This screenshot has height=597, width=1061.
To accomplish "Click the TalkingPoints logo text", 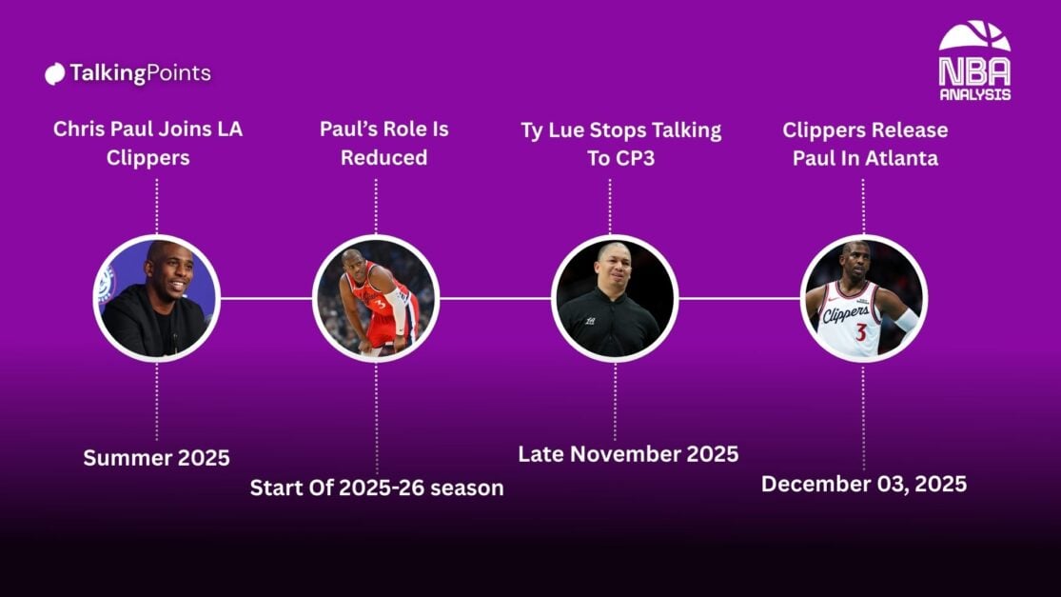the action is point(140,73).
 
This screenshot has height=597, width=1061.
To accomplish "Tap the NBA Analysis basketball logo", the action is point(974,61).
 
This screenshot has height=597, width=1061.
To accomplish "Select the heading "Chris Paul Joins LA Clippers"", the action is point(147,143).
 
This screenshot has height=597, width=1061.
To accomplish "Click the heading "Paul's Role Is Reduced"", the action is point(383,143).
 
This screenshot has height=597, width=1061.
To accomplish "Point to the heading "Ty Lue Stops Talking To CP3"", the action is point(621,144).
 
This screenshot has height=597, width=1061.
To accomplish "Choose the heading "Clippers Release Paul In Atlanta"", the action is point(865,144).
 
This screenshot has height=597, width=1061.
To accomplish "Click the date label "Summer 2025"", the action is point(156,458).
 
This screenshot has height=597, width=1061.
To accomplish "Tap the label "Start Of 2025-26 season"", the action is point(377,488).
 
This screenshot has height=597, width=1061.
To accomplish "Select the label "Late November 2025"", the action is point(628,453).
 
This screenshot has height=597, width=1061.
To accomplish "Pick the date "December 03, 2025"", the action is point(864,484).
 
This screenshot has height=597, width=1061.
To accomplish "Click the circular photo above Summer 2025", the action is point(156,298).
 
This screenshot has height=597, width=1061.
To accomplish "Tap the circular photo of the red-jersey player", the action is point(376,298).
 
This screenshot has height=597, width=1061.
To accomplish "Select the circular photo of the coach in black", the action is point(615,298).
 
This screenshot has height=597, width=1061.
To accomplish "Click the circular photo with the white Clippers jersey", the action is point(863,298).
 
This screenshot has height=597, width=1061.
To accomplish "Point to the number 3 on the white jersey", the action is point(861,332).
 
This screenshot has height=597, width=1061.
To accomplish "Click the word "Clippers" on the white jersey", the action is point(846,313).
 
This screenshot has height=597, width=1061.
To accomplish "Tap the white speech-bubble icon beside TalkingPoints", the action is point(55,73).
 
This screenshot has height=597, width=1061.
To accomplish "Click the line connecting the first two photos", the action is point(265,298).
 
